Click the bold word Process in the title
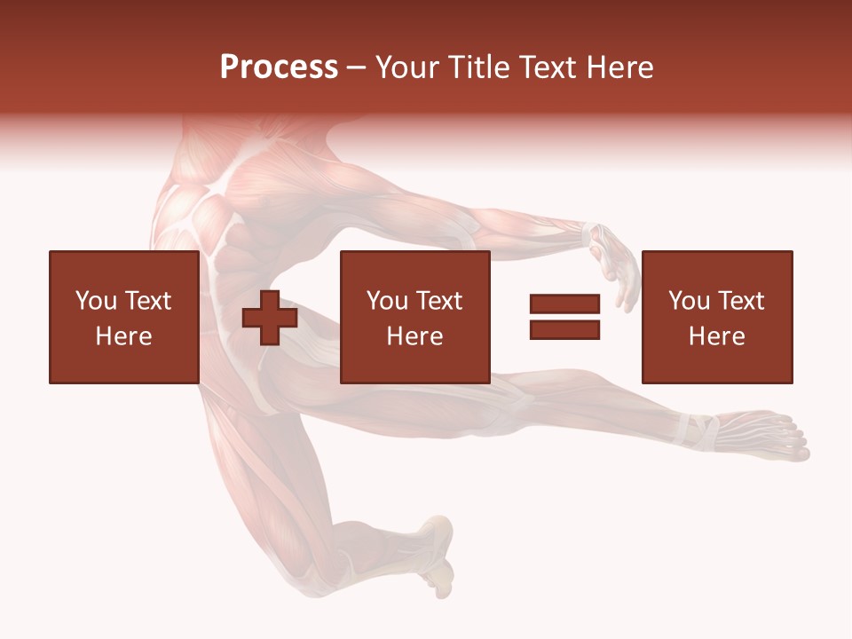(x=279, y=67)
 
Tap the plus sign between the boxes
(x=269, y=318)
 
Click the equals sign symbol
(x=564, y=317)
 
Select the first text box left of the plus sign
(x=123, y=317)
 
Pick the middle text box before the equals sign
(x=414, y=317)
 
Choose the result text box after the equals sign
(x=716, y=317)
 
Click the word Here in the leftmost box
(x=123, y=336)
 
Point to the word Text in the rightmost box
(x=742, y=301)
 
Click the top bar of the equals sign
(x=564, y=304)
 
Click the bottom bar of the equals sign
(x=564, y=329)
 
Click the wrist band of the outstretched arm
(x=589, y=236)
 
